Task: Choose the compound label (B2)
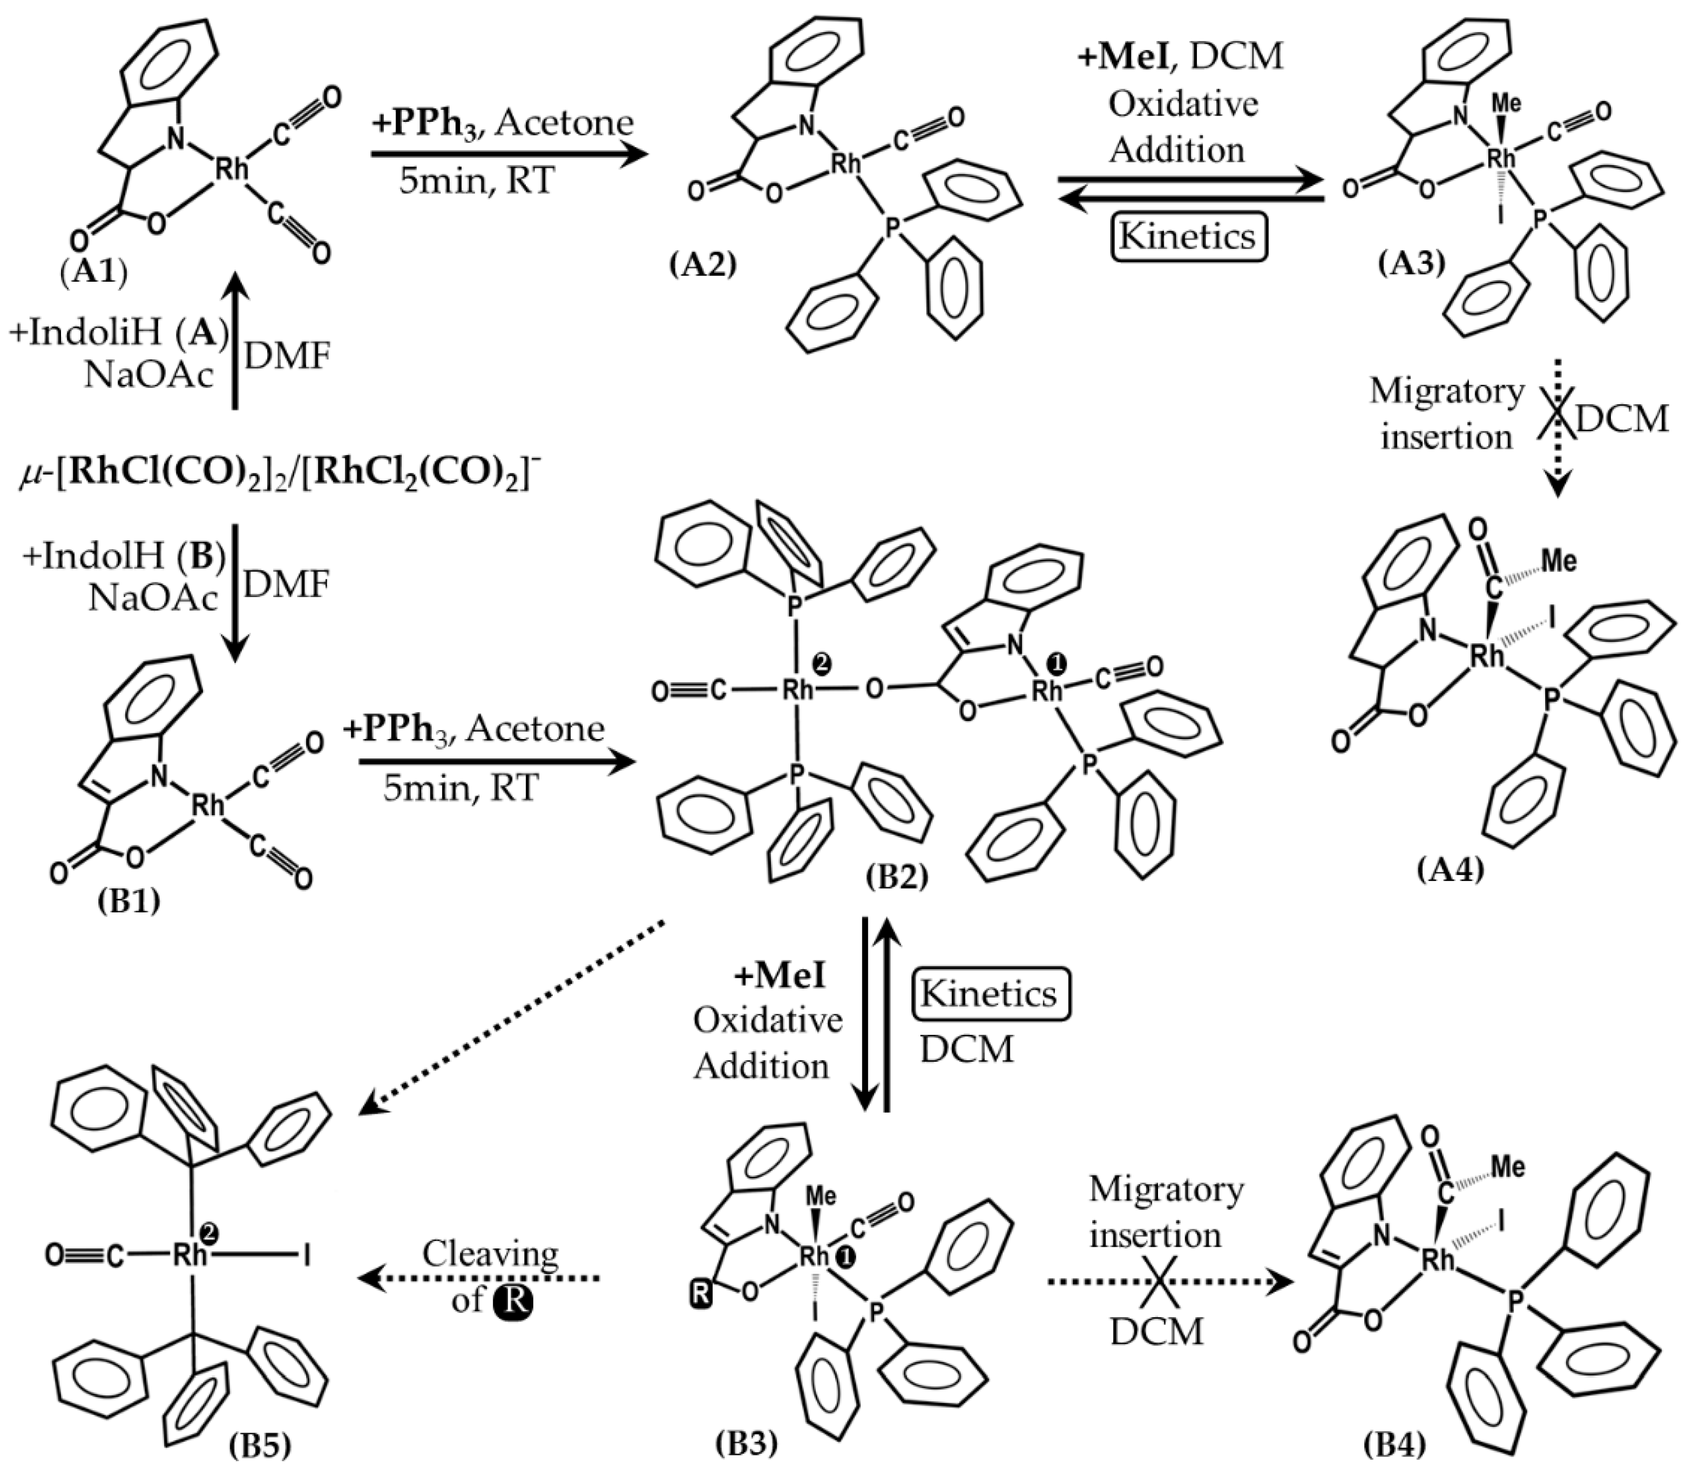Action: [897, 877]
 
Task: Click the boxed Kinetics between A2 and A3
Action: [1187, 237]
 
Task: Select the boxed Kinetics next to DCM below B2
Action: [988, 994]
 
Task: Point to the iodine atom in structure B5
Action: [307, 1256]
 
